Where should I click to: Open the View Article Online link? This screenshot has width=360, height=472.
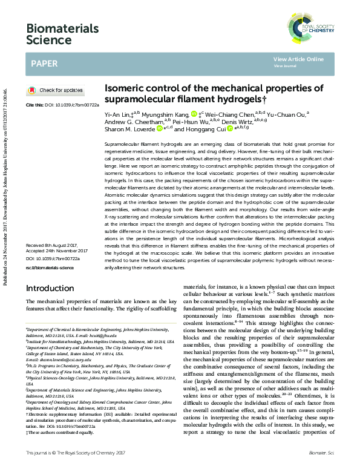298,59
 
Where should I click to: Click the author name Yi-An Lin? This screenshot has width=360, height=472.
119,113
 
